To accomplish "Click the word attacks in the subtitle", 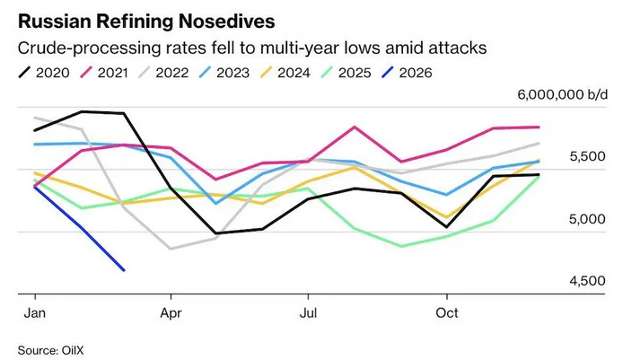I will click(x=455, y=46).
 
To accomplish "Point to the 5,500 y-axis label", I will click(x=589, y=156).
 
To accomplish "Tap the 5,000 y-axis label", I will click(x=589, y=219).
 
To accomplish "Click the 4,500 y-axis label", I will click(x=589, y=281).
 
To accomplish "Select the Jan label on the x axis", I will click(x=35, y=312).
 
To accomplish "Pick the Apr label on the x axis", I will click(x=171, y=312).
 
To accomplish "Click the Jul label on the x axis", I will click(x=309, y=312).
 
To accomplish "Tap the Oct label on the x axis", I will click(x=446, y=312).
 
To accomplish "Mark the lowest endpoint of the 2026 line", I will click(x=123, y=270).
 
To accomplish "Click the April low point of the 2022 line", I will click(x=171, y=249).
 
